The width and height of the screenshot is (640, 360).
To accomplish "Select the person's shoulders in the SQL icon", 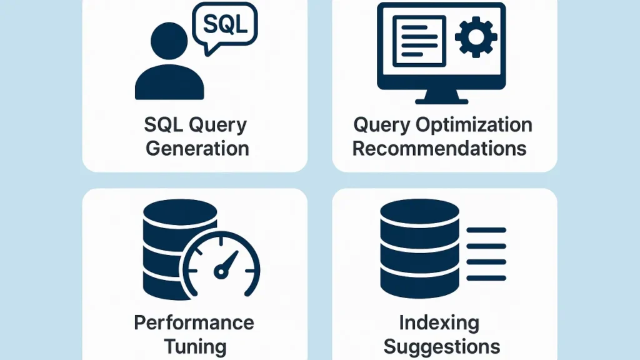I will [169, 83].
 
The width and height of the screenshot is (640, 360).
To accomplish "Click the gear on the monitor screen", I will [476, 37].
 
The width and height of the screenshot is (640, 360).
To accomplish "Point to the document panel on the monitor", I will [419, 40].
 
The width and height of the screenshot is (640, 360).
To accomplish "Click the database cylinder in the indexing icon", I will [420, 250].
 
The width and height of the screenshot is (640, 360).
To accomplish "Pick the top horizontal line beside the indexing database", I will [486, 231].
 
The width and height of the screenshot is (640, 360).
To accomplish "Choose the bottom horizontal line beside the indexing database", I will [486, 278].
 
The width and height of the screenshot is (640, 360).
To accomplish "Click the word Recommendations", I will [439, 149].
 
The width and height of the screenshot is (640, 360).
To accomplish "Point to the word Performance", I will [194, 322].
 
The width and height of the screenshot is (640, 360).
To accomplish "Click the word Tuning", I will [194, 346].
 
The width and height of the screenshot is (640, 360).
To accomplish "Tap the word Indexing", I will [439, 322].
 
